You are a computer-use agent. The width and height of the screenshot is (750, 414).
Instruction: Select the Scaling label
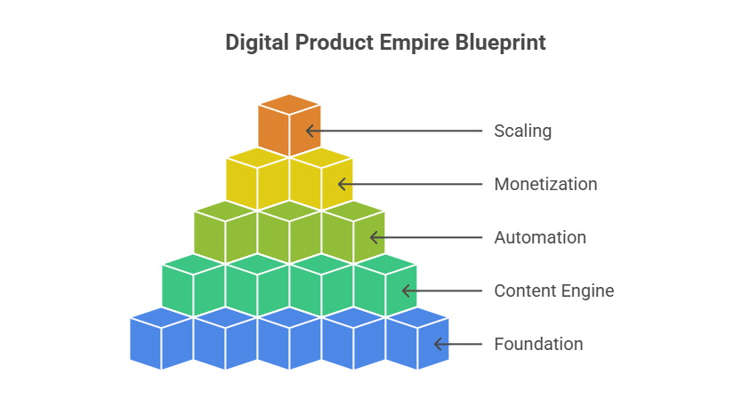(x=523, y=131)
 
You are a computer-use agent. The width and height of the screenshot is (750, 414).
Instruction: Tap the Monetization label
(x=545, y=185)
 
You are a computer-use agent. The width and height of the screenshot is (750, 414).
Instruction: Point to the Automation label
(x=540, y=238)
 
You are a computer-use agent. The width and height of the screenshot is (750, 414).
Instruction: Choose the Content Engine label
(x=554, y=291)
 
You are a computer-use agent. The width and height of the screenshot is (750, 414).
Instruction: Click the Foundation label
(x=538, y=345)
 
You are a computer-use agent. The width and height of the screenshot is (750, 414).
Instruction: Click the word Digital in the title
(x=252, y=43)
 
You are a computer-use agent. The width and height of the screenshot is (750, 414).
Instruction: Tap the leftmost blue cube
(x=160, y=339)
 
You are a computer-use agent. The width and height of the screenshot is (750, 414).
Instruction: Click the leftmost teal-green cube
(x=192, y=286)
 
